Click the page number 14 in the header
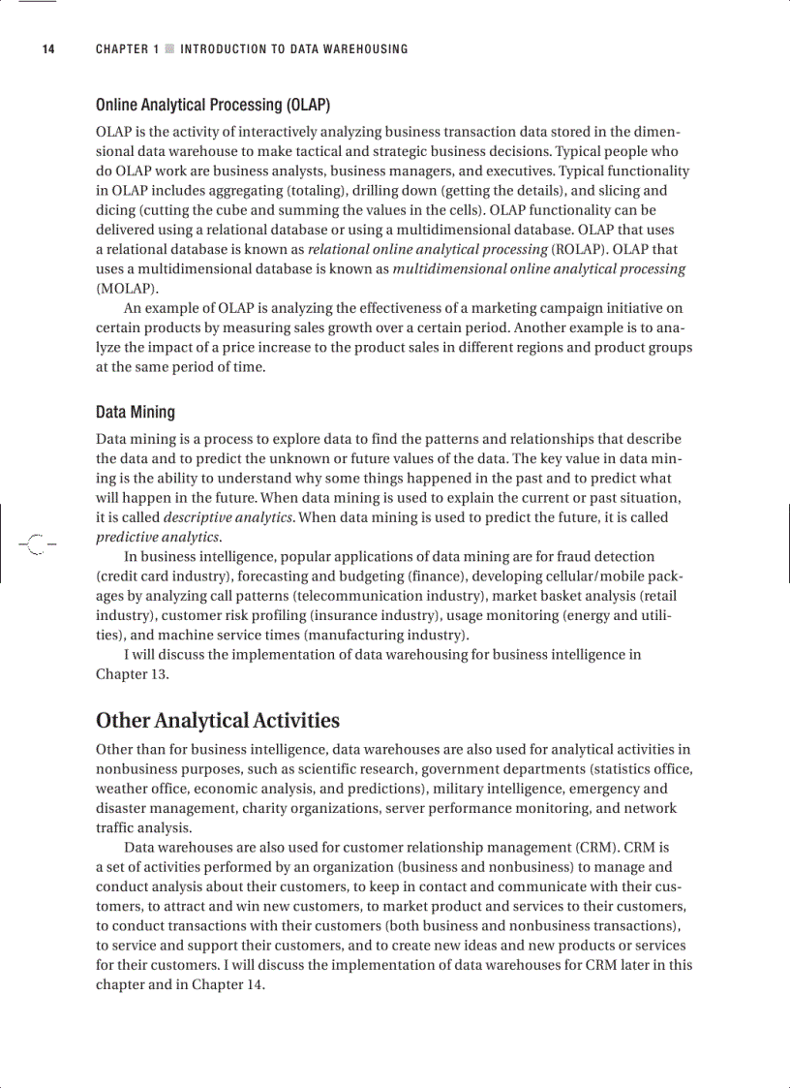47,49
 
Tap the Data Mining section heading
136,413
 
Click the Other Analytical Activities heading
218,721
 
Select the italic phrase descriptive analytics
228,517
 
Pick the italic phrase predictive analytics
158,538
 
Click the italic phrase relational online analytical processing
428,249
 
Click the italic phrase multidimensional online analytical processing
539,268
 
